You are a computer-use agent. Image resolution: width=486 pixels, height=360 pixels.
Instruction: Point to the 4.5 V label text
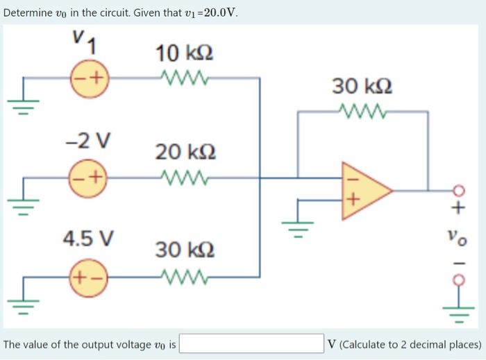pyautogui.click(x=89, y=239)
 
